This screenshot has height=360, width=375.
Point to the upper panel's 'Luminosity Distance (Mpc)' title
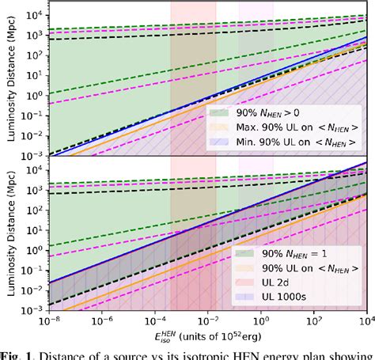[9, 78]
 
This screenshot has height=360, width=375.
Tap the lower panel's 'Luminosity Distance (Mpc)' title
[9, 237]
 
